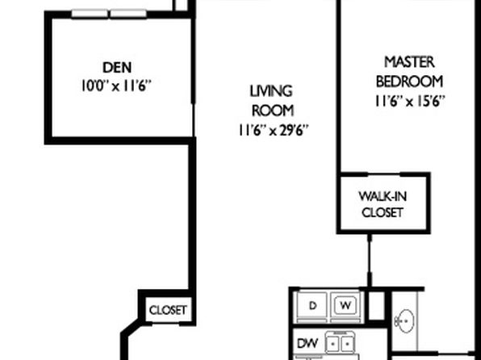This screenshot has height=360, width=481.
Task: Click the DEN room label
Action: click(x=117, y=68)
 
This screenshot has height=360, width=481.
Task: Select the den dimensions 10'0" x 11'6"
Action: click(x=116, y=86)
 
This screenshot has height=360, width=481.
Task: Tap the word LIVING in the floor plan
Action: click(x=271, y=91)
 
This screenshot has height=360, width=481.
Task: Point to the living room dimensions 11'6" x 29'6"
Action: click(x=273, y=131)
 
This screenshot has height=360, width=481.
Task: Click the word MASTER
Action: click(x=409, y=62)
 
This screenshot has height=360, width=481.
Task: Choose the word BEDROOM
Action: click(x=409, y=82)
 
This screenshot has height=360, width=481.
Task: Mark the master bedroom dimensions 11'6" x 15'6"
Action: click(x=410, y=101)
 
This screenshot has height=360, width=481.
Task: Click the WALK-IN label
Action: click(x=383, y=196)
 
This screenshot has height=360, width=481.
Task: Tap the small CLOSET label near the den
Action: click(x=168, y=310)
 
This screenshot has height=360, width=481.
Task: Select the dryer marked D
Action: click(x=312, y=306)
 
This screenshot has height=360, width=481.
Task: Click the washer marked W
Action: click(x=345, y=305)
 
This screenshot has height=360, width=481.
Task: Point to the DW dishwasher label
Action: click(x=307, y=343)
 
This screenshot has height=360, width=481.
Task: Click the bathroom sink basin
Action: click(x=405, y=321)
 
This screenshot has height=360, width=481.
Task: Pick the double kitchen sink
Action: click(x=341, y=344)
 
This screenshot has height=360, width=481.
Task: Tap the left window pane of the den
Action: click(x=90, y=14)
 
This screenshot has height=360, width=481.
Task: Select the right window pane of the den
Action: click(x=128, y=14)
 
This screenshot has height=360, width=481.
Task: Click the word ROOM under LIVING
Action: click(x=273, y=111)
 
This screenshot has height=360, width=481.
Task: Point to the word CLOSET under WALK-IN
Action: click(x=383, y=212)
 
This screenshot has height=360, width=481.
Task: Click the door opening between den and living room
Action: click(x=194, y=120)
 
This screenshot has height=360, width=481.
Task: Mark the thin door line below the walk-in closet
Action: click(x=370, y=260)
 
